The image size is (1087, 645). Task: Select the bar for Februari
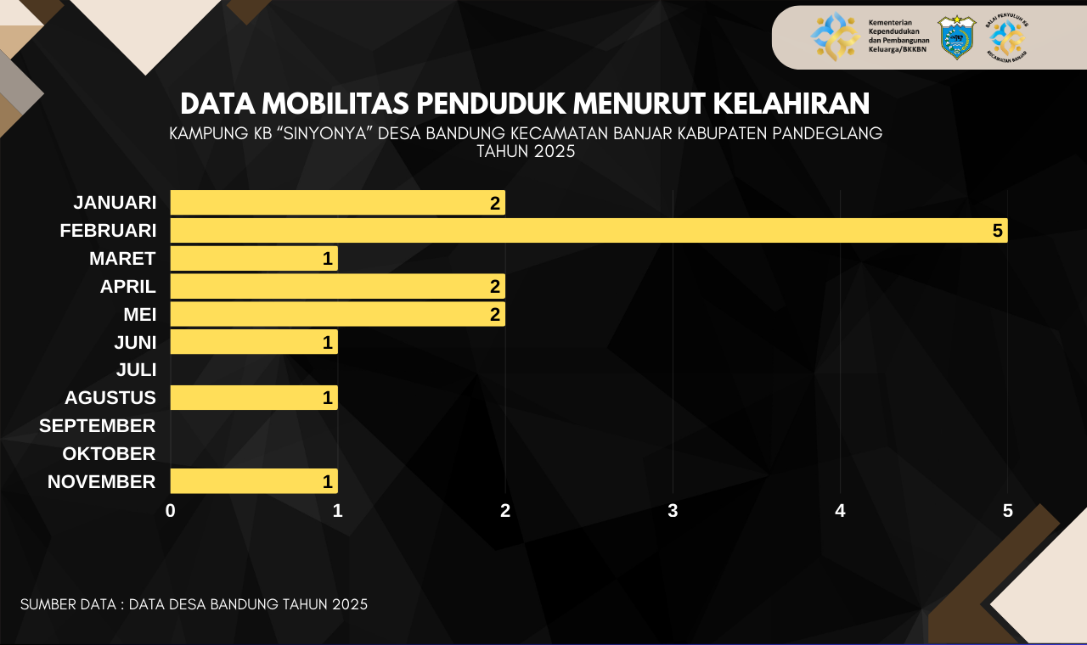[589, 230]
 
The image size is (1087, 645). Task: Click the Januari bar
[337, 203]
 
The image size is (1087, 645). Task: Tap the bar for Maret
[254, 259]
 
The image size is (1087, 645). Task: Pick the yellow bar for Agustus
[254, 397]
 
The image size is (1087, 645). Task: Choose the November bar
[254, 481]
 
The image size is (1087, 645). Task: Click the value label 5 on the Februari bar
[998, 230]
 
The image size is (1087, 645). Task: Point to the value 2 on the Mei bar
[495, 315]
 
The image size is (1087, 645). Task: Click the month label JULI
[136, 369]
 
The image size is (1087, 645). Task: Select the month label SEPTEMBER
[98, 425]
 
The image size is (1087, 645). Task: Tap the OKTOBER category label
[109, 453]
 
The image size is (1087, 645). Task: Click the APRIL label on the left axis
[128, 286]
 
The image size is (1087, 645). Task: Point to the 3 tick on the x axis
[673, 511]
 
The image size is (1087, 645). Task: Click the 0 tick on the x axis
[171, 511]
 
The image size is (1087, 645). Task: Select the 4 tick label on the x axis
[840, 511]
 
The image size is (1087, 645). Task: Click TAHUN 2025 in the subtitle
[526, 152]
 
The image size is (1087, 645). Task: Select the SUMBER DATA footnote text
[194, 604]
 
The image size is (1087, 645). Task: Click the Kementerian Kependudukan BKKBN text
[898, 36]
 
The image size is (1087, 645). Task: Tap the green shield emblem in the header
[956, 36]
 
